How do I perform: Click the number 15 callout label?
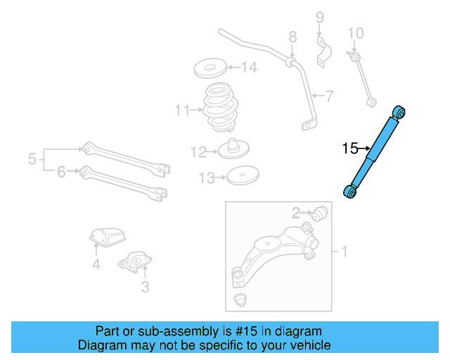[x=350, y=148]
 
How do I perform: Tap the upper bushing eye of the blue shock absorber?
[x=399, y=112]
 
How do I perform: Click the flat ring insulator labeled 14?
[x=209, y=69]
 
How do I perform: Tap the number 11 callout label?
[x=183, y=110]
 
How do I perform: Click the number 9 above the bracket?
[x=319, y=17]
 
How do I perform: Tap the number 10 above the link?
[x=356, y=32]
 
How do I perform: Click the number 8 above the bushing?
[x=292, y=37]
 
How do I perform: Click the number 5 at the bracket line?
[x=32, y=160]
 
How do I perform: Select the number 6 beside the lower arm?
[x=62, y=171]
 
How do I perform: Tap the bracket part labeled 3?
[x=134, y=263]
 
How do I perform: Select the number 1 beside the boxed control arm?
[x=344, y=251]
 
